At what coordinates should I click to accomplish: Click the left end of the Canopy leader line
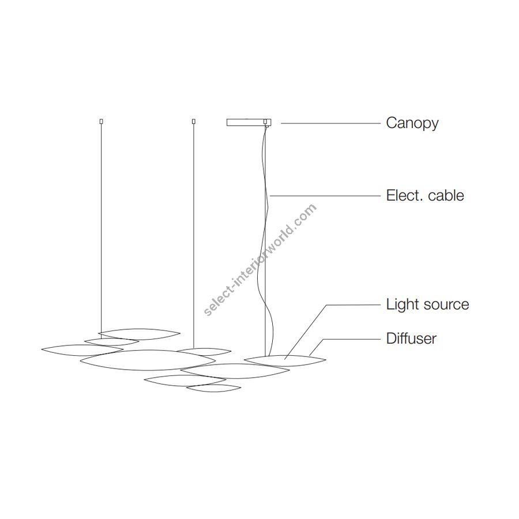click(281, 123)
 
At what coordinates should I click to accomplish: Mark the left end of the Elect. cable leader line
click(270, 196)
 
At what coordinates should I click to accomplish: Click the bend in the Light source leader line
click(327, 305)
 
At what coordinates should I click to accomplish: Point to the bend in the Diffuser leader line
click(323, 339)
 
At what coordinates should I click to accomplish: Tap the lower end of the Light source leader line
click(285, 359)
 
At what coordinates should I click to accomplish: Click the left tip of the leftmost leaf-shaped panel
click(42, 349)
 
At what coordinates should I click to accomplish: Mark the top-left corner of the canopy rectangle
click(227, 119)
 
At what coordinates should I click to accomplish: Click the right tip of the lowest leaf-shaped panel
click(241, 387)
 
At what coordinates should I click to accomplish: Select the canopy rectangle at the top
click(249, 122)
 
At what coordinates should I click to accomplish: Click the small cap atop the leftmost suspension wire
click(101, 122)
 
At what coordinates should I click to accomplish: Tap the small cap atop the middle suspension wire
click(194, 122)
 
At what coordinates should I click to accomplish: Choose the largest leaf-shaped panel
click(148, 360)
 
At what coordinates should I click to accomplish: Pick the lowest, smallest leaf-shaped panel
click(213, 388)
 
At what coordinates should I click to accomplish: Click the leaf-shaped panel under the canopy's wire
click(285, 361)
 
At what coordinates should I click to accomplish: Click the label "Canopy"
click(412, 123)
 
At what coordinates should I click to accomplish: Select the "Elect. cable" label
click(425, 195)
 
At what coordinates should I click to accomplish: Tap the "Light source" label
click(428, 304)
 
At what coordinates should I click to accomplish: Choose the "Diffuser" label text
click(411, 339)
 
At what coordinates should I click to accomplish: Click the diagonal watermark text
click(260, 260)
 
